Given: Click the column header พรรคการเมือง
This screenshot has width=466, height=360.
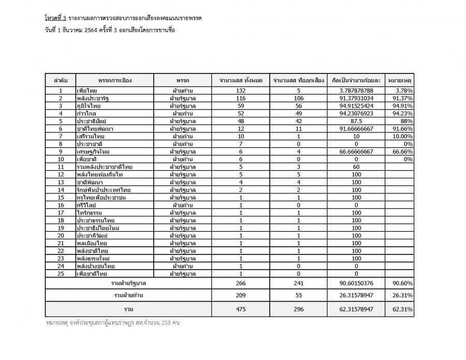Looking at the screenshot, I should tap(115, 80).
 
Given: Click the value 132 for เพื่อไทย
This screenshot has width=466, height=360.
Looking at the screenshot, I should tap(240, 91).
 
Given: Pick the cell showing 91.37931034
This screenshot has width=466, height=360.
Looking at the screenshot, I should tap(356, 98).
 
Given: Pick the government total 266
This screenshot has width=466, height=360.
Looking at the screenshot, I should tap(240, 283).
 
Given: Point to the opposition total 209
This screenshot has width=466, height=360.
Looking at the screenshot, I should tap(240, 295).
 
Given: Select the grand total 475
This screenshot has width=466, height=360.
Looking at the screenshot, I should tap(240, 309).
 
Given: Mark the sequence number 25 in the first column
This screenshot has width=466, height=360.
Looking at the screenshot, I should tap(61, 274).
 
